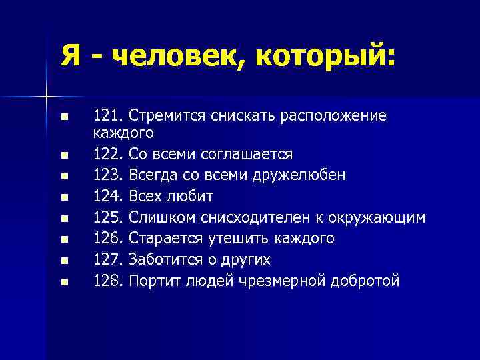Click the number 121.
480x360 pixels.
[106, 116]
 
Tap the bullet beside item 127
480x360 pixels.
[64, 261]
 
